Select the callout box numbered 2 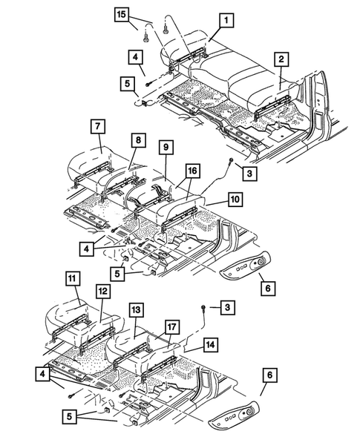pos(280,59)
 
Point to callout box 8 pos(140,139)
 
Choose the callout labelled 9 pos(165,148)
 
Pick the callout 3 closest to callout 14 pos(220,306)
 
